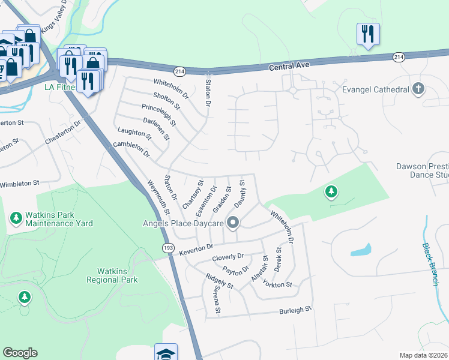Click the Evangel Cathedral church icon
418,89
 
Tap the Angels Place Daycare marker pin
233,224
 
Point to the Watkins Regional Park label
112,275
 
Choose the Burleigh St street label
296,310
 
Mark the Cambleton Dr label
131,149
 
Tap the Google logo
20,353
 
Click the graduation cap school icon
166,353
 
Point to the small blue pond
360,250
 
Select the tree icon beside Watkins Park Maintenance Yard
16,217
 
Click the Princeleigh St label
158,114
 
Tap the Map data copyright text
423,355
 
